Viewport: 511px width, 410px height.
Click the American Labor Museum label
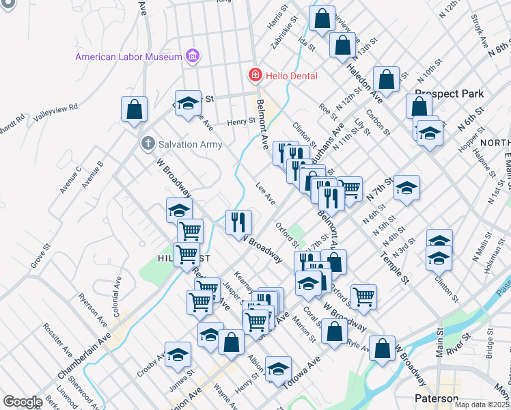tap(128, 57)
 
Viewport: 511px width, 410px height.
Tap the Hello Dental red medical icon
tap(254, 74)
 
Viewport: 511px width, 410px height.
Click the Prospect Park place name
tap(450, 94)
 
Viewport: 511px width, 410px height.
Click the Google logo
tap(23, 402)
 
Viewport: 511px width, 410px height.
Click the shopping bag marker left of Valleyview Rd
tap(135, 109)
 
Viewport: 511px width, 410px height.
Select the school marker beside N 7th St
tap(406, 187)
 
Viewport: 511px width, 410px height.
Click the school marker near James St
tap(178, 354)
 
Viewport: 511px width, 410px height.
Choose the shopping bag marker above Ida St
tap(322, 18)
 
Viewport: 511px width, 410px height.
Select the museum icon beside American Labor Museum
tap(193, 57)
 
